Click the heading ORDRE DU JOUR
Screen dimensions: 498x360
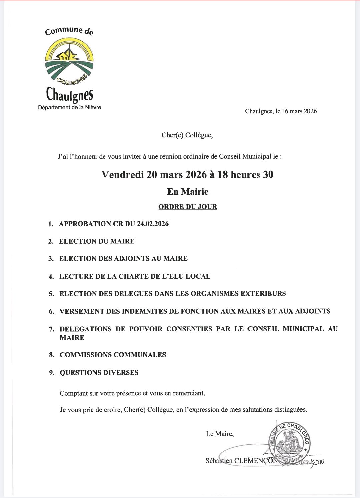coord(188,207)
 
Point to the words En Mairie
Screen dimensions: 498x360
coord(188,192)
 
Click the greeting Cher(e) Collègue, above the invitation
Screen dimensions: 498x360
coord(187,135)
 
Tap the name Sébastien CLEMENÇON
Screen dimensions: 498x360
coord(241,461)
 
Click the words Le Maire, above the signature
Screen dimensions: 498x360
coord(220,434)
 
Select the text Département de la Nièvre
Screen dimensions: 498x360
coord(69,107)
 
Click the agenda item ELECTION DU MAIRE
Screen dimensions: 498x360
coord(97,241)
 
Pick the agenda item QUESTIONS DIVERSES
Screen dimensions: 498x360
coord(99,372)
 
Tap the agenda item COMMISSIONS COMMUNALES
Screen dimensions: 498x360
coord(113,355)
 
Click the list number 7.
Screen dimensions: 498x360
coord(52,329)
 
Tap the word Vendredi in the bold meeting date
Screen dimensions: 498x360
coord(122,175)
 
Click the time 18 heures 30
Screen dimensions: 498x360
coord(245,175)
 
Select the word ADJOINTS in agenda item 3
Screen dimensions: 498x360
coord(132,258)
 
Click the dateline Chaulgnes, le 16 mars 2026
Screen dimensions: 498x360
coord(281,111)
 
